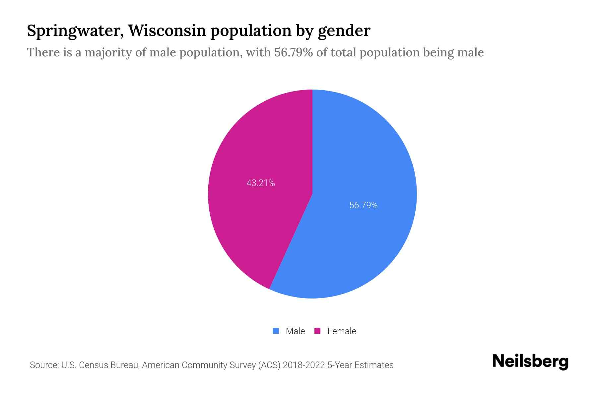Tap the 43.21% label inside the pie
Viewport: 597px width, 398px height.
coord(261,183)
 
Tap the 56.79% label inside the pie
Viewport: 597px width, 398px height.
coord(363,205)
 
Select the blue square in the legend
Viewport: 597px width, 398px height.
coord(276,331)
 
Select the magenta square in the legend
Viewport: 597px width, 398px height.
coord(317,331)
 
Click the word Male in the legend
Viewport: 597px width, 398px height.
coord(295,331)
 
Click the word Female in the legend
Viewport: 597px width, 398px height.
coord(342,331)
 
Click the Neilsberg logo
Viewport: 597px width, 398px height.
coord(530,362)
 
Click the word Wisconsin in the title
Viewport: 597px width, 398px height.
coord(167,31)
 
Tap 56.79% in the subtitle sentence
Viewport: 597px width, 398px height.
coord(294,52)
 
